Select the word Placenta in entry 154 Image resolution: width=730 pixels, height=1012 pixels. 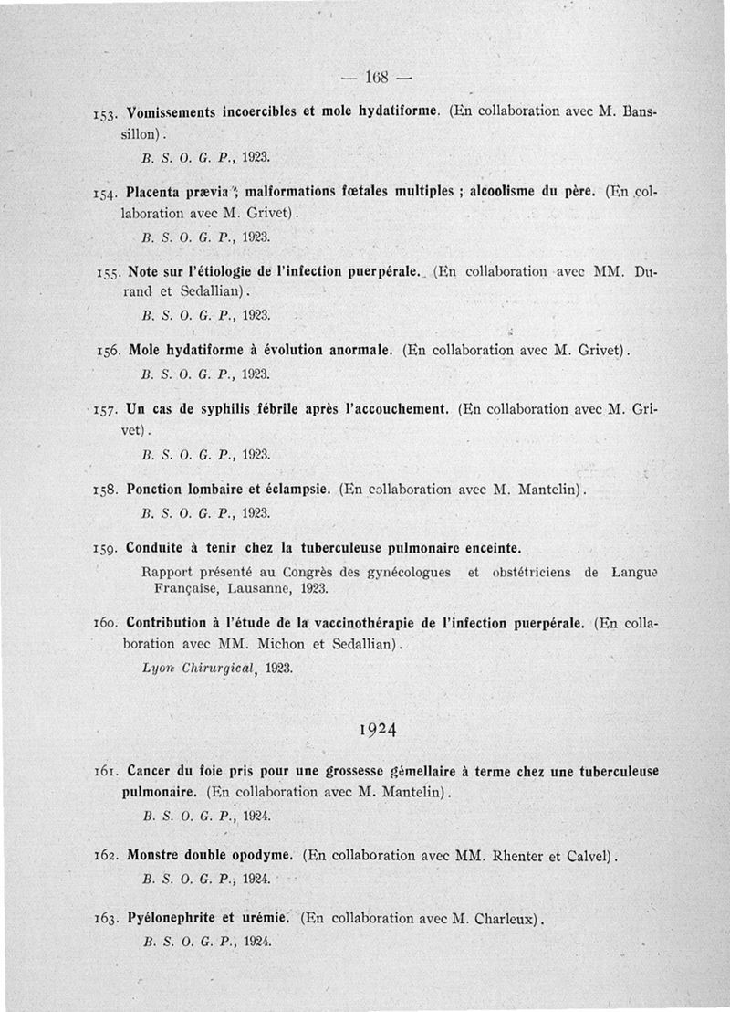pyautogui.click(x=156, y=192)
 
